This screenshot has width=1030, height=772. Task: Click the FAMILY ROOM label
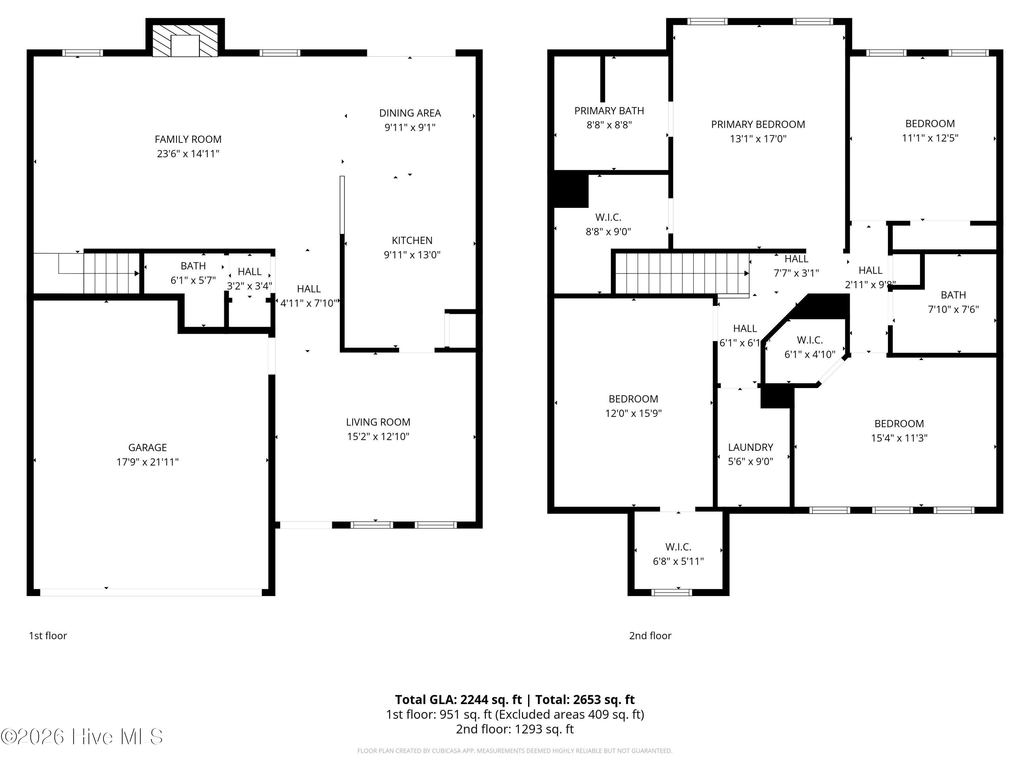[x=188, y=139]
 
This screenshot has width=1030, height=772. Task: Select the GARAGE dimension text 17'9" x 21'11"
[x=148, y=461]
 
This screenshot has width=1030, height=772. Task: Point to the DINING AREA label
[x=410, y=113]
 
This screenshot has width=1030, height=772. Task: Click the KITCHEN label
[x=412, y=241]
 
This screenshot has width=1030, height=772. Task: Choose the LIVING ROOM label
[x=378, y=422]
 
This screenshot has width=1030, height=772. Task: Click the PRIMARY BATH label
[x=609, y=111]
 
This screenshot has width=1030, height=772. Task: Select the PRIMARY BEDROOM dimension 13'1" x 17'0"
[x=758, y=139]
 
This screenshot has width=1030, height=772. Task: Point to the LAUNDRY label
[x=751, y=447]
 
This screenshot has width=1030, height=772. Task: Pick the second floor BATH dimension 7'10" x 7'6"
[x=953, y=309]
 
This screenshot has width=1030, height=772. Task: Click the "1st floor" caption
[x=48, y=636]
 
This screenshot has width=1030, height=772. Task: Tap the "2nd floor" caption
[x=650, y=636]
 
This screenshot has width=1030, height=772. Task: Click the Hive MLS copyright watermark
[x=82, y=737]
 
